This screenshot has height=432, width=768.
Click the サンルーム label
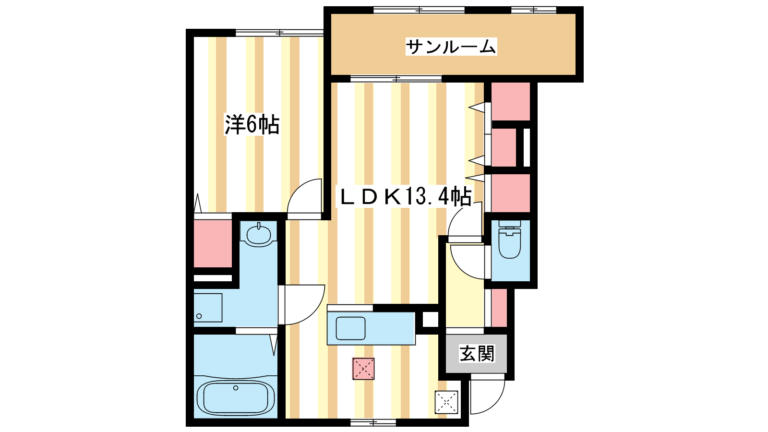click(451, 47)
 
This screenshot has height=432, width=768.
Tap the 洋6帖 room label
click(252, 125)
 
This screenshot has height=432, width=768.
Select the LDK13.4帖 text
click(405, 196)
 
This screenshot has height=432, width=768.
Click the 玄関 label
click(477, 353)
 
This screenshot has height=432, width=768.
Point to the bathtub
click(236, 398)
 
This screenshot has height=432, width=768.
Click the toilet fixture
click(509, 240)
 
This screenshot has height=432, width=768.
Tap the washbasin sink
click(259, 234)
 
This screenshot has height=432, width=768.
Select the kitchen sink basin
click(350, 328)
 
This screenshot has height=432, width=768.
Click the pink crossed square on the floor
click(363, 369)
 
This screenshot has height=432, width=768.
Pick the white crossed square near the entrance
click(446, 402)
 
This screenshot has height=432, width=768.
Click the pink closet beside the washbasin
click(213, 243)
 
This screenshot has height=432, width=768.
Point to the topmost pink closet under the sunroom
click(511, 101)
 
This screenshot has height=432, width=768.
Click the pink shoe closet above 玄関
click(499, 308)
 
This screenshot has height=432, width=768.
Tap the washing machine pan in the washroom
click(208, 308)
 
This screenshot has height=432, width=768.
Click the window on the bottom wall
click(373, 422)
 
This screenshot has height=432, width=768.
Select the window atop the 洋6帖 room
click(279, 33)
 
